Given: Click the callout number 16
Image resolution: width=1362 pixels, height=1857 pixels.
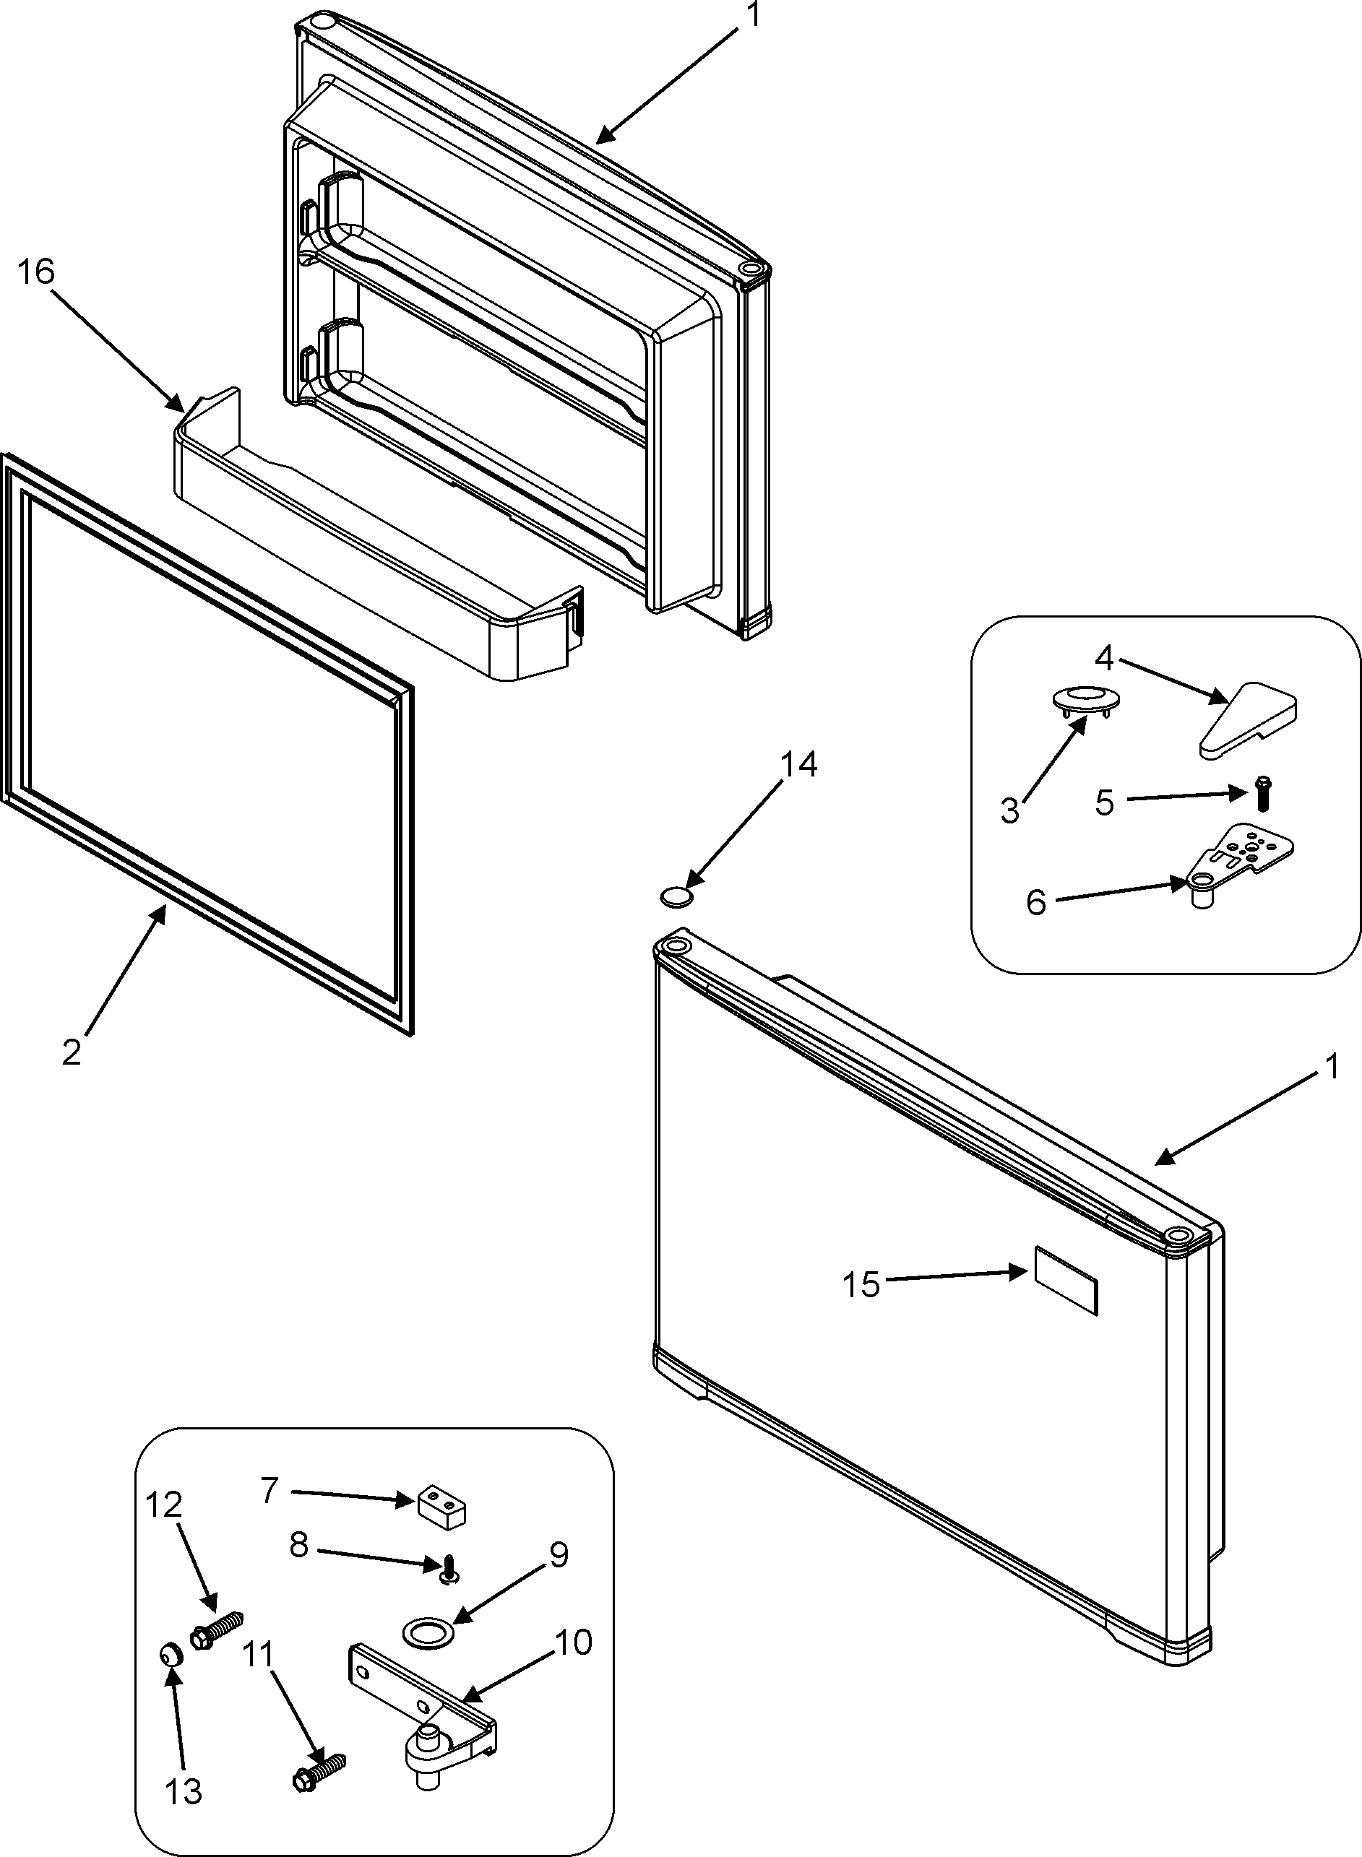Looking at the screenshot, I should [36, 272].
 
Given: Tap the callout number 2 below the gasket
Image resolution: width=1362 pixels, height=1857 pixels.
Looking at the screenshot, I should [72, 1052].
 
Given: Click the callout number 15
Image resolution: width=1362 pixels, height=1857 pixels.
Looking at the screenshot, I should [861, 1284].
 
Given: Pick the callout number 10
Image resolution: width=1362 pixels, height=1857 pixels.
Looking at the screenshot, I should [573, 1642].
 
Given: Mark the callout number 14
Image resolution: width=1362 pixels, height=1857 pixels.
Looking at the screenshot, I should [798, 764].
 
